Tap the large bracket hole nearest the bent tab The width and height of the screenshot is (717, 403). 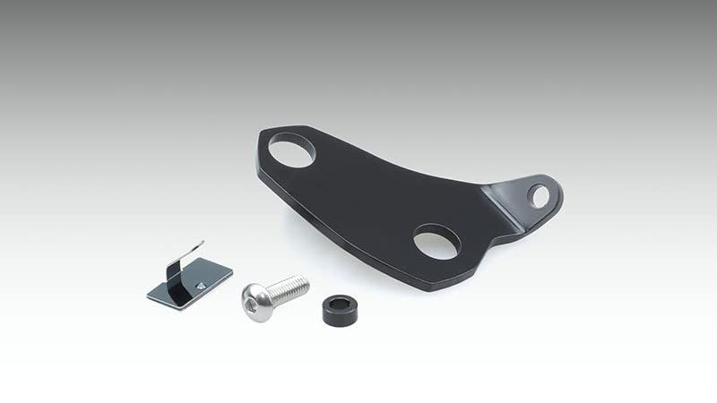[x=436, y=241]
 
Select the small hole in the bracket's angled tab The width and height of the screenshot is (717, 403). [x=538, y=194]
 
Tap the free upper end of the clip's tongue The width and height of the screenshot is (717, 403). [x=199, y=243]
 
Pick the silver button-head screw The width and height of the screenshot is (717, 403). [x=273, y=291]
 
